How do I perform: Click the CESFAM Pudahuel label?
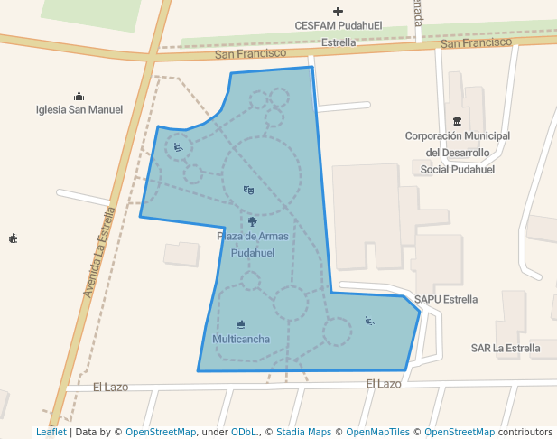tap(339, 26)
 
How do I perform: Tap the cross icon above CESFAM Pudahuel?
tap(339, 12)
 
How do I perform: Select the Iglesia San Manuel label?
tap(79, 110)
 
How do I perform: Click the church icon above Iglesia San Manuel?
tap(79, 96)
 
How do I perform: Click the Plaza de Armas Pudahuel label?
tap(252, 245)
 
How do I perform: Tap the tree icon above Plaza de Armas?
tap(252, 221)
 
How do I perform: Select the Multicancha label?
tap(241, 339)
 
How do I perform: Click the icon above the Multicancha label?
tap(240, 323)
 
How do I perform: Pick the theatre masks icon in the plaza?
tap(249, 190)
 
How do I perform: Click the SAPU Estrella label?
tap(446, 299)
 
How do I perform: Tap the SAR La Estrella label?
tap(506, 348)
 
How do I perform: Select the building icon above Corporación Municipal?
tap(458, 122)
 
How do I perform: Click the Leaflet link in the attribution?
tap(51, 432)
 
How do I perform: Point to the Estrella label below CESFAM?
tap(339, 42)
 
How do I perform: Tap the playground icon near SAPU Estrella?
tap(369, 320)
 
